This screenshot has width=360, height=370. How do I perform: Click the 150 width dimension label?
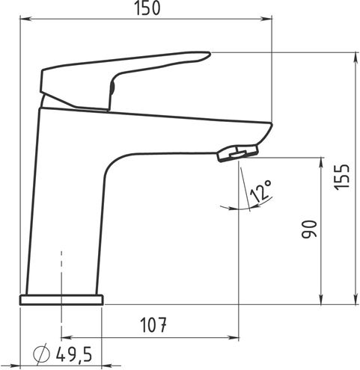147,8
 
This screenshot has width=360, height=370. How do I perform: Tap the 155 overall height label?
342,177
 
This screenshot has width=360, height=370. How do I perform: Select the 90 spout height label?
309,229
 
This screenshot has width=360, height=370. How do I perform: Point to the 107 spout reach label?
153,325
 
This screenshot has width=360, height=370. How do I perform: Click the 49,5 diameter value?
74,354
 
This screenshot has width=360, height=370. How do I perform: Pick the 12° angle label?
260,191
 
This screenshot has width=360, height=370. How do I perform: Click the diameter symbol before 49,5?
42,354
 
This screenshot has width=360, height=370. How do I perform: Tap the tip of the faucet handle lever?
210,53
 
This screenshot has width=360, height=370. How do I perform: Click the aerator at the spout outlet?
237,153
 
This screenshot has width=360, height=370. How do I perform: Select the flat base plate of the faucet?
61,300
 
